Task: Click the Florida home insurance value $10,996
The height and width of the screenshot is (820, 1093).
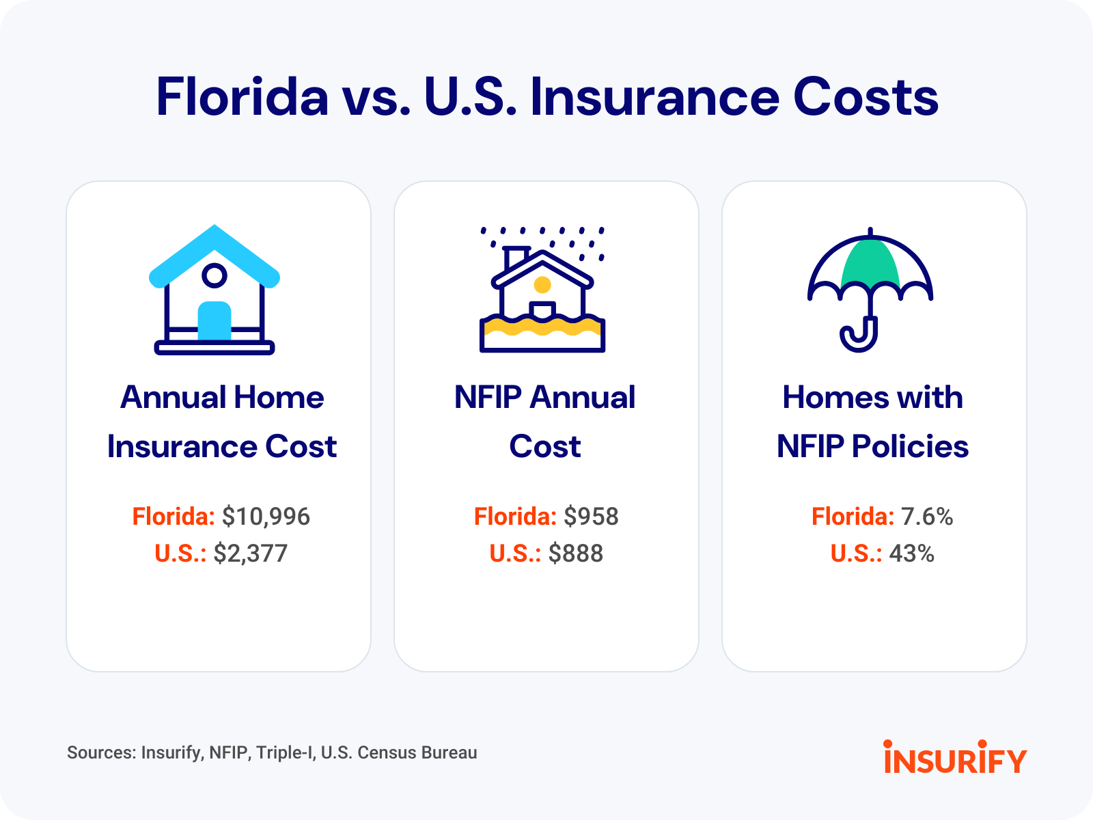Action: point(266,517)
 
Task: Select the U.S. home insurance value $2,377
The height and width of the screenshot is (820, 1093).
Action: point(251,553)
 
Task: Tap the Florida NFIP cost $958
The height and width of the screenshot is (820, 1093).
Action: point(591,517)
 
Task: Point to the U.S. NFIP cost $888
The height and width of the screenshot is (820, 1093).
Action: point(576,553)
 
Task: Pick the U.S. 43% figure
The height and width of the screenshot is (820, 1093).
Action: point(912,553)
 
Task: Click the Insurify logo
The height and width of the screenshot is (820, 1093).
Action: point(955,756)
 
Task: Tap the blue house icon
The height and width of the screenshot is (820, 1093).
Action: point(215,289)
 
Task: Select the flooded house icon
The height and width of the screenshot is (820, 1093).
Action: point(542,289)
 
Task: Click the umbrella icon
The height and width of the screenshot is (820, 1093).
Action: point(870,289)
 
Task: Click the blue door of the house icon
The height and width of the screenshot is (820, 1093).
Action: point(215,320)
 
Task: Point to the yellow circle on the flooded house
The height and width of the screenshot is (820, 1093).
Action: point(542,285)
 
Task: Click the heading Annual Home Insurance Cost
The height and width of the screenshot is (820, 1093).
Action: point(222,421)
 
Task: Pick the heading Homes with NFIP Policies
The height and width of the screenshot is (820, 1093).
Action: point(873,421)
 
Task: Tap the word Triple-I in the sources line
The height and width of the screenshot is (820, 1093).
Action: point(286,752)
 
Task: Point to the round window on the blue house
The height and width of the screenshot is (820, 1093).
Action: point(215,275)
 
